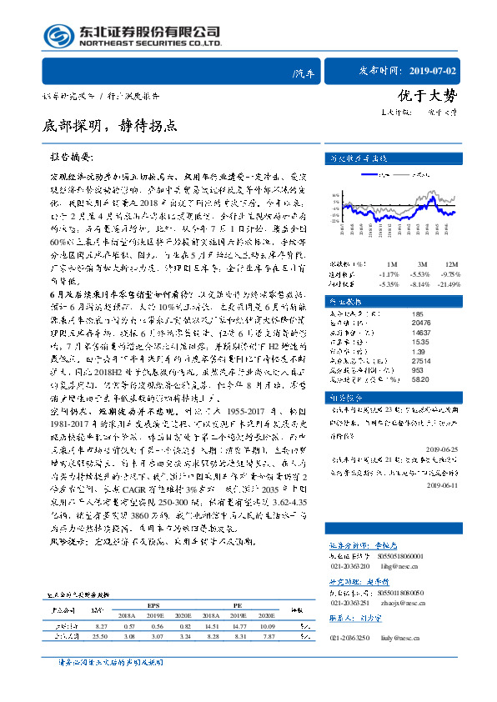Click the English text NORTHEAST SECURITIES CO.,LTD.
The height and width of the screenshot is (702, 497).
click(x=149, y=44)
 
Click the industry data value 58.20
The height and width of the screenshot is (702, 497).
click(x=398, y=378)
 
